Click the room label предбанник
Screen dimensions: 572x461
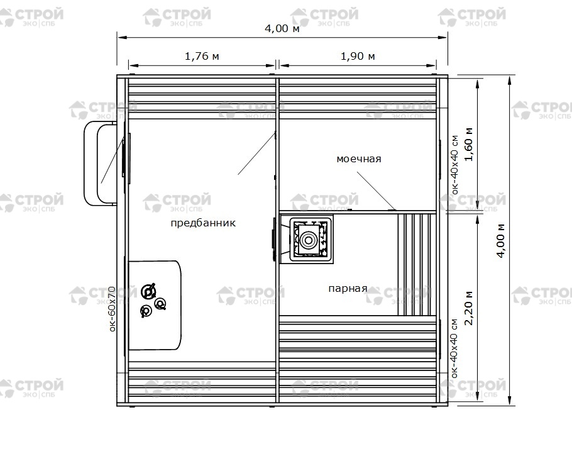(x=203, y=223)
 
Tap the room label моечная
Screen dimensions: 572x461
(x=358, y=159)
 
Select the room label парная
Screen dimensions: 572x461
(x=348, y=289)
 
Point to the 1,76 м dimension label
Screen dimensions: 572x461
(x=202, y=56)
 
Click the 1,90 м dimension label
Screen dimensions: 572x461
(x=358, y=56)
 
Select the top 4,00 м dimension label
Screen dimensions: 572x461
(x=282, y=28)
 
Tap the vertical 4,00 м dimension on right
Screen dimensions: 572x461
(x=501, y=240)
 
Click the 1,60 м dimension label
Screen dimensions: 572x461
(x=469, y=144)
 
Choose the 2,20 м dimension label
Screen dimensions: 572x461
(x=469, y=308)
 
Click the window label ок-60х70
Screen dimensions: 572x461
(x=112, y=309)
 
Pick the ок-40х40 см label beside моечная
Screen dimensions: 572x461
(x=454, y=165)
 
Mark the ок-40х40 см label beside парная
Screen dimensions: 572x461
(x=454, y=348)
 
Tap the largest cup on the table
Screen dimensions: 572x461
(x=148, y=291)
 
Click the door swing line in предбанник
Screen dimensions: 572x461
(x=257, y=153)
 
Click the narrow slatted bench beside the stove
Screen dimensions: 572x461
(x=417, y=264)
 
